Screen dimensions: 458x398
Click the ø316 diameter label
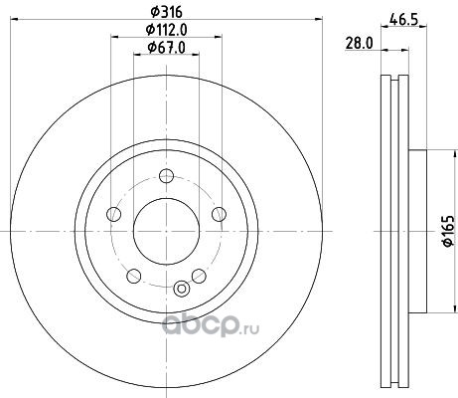(x=167, y=12)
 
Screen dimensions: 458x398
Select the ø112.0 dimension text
(x=167, y=30)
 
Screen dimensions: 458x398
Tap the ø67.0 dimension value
(x=167, y=48)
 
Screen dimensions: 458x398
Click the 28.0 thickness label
(x=360, y=44)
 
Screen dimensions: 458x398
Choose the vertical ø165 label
(x=448, y=231)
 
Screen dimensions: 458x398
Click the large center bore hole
(x=166, y=232)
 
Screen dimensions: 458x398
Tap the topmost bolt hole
(x=166, y=176)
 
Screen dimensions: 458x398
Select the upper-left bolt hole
(x=113, y=214)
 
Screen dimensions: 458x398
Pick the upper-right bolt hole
(x=219, y=214)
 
